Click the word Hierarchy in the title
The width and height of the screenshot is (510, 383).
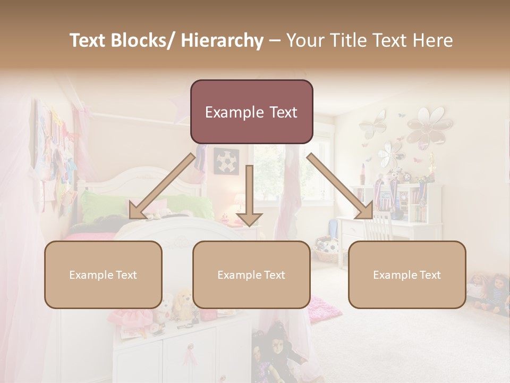pyautogui.click(x=222, y=40)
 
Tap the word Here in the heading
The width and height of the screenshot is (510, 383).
pyautogui.click(x=432, y=40)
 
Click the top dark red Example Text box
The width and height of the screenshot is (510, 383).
pyautogui.click(x=251, y=112)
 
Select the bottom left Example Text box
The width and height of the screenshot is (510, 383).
pyautogui.click(x=103, y=274)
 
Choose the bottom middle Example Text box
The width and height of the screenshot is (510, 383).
pyautogui.click(x=251, y=274)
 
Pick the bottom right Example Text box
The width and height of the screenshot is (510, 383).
pyautogui.click(x=407, y=274)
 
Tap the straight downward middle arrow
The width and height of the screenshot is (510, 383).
pyautogui.click(x=249, y=197)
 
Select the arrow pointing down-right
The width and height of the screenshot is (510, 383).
pyautogui.click(x=340, y=186)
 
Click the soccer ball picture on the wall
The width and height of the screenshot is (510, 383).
pyautogui.click(x=226, y=160)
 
